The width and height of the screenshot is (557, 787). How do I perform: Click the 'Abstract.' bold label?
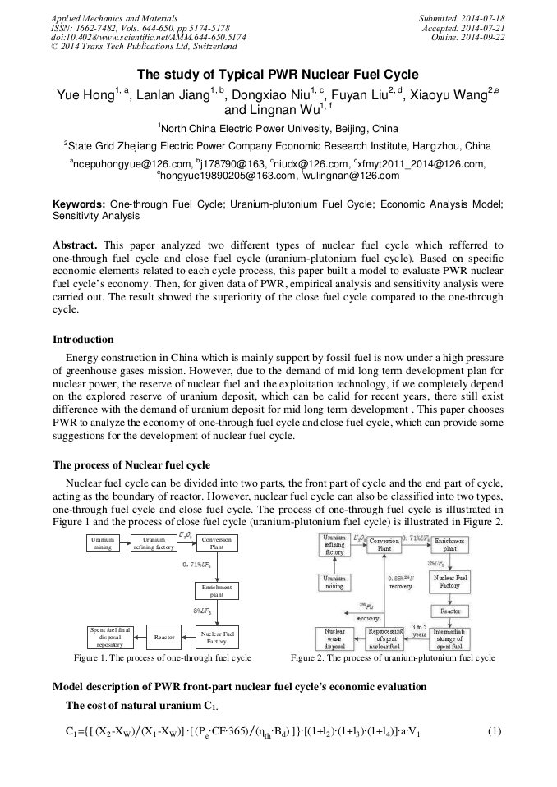76,245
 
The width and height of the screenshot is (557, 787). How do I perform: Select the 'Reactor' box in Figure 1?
166,636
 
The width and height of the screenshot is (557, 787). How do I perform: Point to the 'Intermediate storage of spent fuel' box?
450,638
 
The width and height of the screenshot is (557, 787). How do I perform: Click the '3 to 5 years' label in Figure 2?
420,629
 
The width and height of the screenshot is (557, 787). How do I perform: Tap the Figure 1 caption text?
162,657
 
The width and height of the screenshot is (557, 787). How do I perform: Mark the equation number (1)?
494,731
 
